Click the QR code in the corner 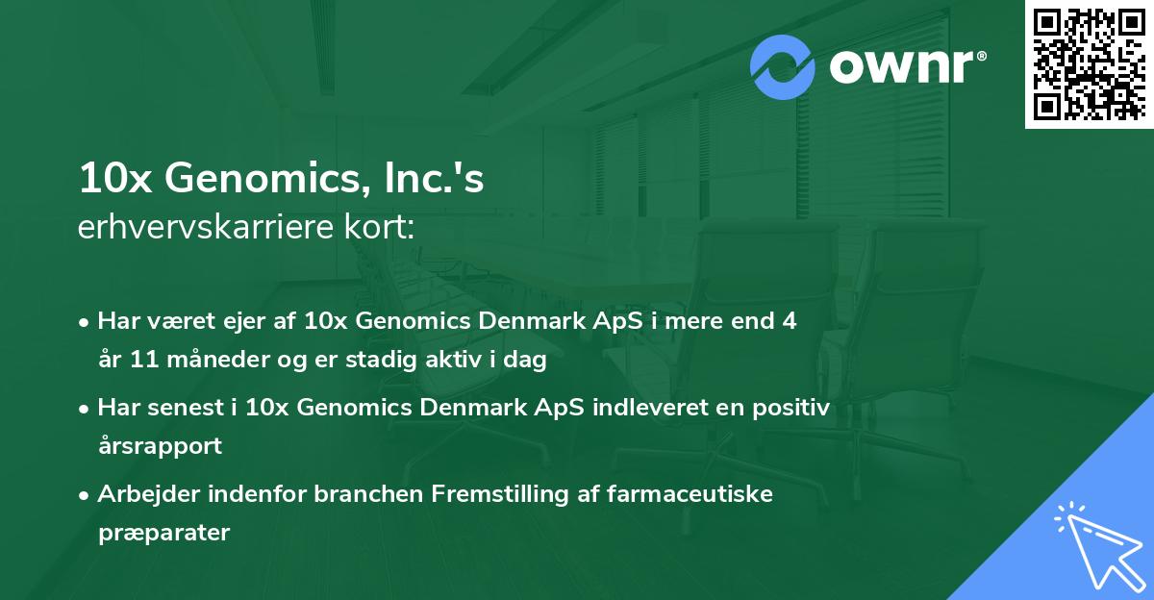(x=1090, y=63)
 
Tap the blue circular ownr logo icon (x=783, y=66)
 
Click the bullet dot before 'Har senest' (x=86, y=409)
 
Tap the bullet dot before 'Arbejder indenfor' (x=86, y=495)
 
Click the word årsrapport (x=160, y=446)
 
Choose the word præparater (x=164, y=533)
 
